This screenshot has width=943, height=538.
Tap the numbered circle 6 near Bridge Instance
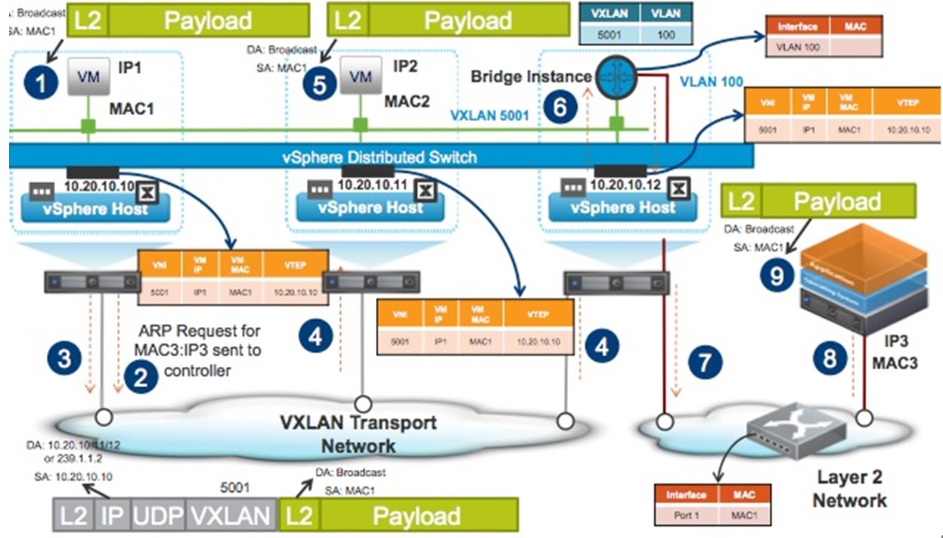click(x=560, y=107)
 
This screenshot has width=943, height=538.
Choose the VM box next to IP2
click(x=361, y=76)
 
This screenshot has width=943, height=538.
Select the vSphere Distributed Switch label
click(x=379, y=157)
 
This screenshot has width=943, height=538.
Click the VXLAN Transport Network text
click(x=358, y=433)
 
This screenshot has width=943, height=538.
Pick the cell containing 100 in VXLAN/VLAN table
click(x=665, y=34)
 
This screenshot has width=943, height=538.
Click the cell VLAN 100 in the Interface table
click(x=798, y=47)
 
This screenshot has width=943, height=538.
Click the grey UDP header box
click(x=157, y=516)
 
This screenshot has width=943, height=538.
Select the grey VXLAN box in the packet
click(x=230, y=516)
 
